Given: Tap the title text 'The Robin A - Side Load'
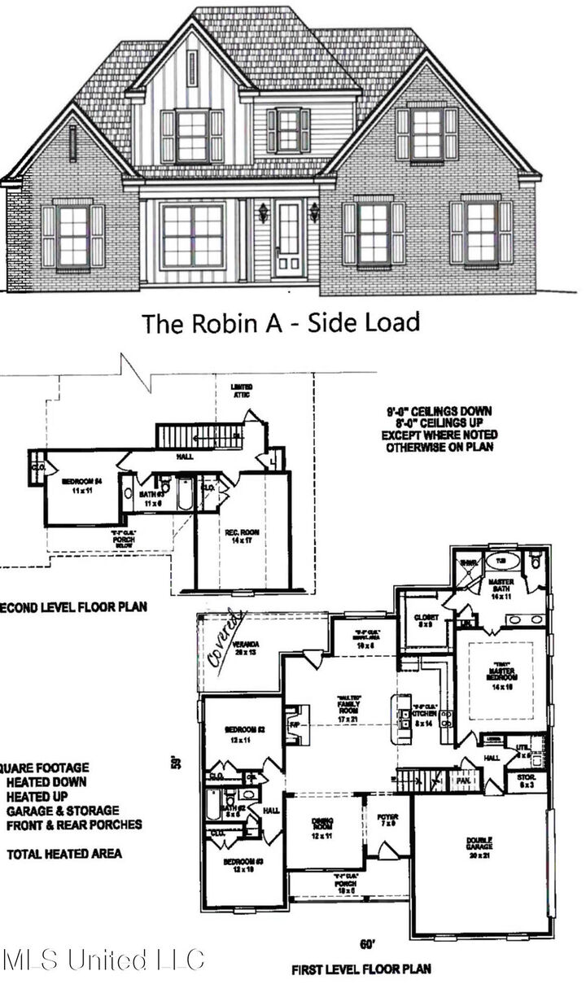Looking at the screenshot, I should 282,322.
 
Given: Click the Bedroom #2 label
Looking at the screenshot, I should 238,734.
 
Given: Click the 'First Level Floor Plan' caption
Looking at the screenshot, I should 361,969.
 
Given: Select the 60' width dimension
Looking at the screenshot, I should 367,944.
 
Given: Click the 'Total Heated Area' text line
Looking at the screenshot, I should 64,854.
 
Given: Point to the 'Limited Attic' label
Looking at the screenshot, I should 241,391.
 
